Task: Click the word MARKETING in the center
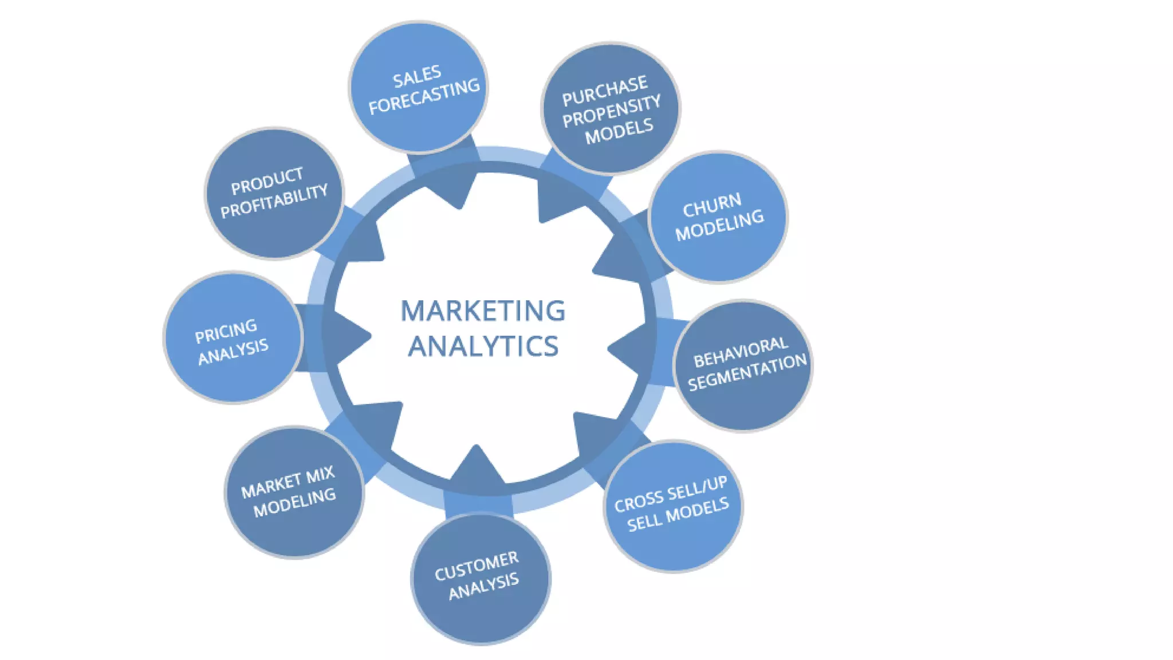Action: point(483,311)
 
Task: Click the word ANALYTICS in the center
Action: point(483,347)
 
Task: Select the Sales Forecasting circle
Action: point(419,88)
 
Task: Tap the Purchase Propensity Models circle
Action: point(611,108)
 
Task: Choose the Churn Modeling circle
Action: point(718,217)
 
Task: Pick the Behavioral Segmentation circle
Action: point(743,366)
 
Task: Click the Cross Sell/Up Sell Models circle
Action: point(673,506)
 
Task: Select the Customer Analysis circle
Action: point(481,579)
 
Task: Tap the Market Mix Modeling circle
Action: point(294,492)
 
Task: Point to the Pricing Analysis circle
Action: point(233,337)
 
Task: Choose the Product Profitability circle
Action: point(274,194)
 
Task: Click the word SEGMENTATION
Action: point(747,372)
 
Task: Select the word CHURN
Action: point(712,205)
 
